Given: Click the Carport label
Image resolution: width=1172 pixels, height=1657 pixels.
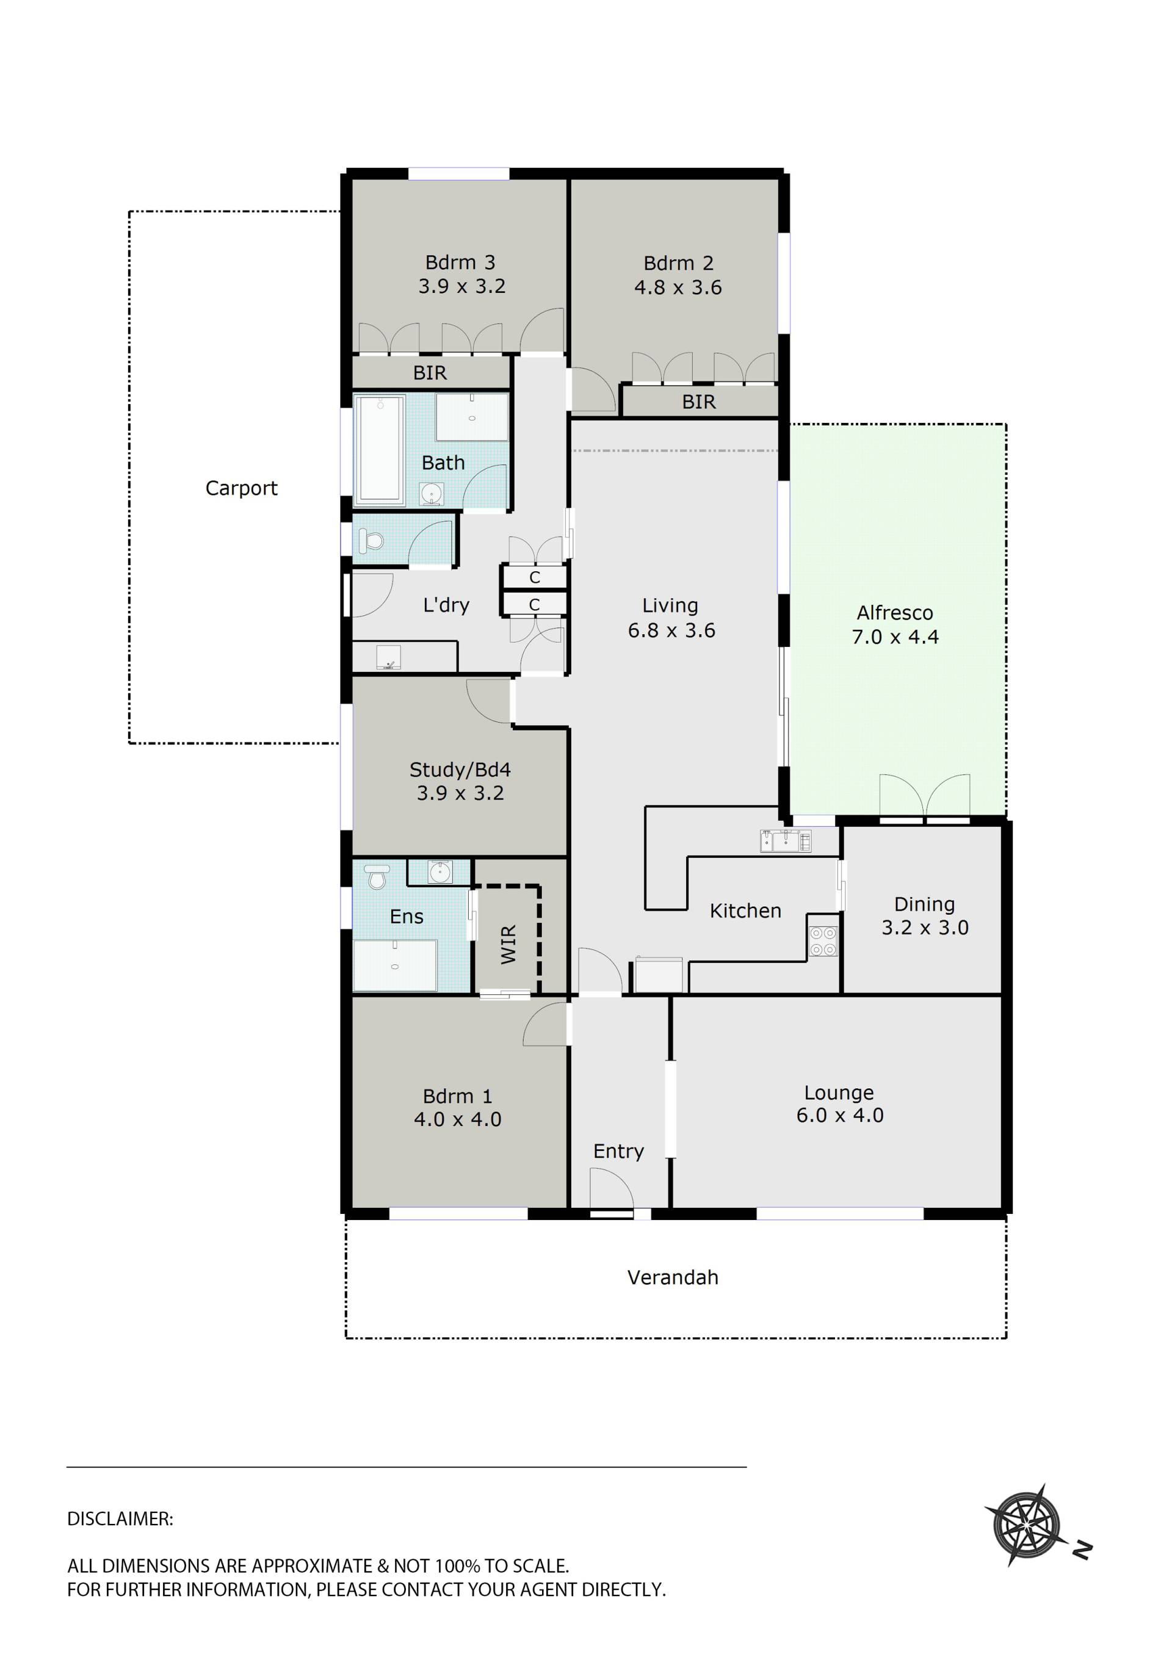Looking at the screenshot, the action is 241,489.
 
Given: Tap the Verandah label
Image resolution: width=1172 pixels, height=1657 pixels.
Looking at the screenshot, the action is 673,1277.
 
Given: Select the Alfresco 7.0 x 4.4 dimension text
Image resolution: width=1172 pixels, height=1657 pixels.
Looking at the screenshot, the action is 895,637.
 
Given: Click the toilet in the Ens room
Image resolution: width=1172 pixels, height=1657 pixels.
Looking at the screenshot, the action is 376,877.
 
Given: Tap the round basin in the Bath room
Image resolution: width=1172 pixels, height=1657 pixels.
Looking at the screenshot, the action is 432,494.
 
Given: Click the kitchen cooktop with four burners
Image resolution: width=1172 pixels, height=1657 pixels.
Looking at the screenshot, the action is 823,941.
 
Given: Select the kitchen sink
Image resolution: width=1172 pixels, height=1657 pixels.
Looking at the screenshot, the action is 785,841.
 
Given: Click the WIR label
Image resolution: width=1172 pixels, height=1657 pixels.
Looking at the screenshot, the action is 508,945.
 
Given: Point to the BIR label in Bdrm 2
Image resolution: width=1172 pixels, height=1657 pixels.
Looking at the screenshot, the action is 698,402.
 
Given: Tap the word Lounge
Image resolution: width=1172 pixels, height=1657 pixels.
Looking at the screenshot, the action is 839,1093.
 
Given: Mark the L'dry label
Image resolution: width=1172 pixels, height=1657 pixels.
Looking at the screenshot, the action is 446,605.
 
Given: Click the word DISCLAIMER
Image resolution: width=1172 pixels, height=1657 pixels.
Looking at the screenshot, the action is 120,1519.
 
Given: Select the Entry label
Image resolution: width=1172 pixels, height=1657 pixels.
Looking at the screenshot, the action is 618,1151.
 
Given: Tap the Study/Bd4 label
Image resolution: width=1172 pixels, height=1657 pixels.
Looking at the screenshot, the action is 460,770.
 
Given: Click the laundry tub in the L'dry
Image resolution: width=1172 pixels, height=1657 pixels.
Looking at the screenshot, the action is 388,657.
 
